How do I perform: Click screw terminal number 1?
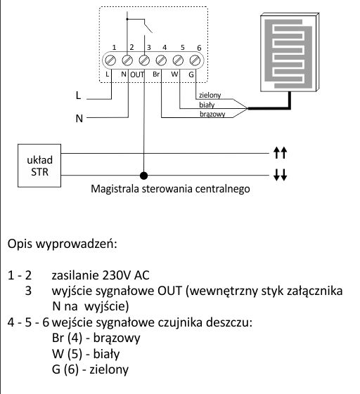(x=110, y=60)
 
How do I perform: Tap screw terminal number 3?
(x=144, y=60)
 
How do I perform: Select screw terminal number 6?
(x=195, y=60)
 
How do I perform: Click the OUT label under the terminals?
(x=137, y=74)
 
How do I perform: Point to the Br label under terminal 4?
(x=156, y=74)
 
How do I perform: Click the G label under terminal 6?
(x=191, y=74)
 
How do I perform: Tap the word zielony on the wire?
(x=210, y=96)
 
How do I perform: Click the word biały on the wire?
(x=207, y=105)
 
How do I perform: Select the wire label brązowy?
(x=212, y=114)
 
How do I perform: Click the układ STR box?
(x=39, y=166)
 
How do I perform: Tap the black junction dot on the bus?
(x=143, y=176)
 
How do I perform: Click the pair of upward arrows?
(x=280, y=153)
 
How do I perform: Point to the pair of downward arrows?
(x=280, y=175)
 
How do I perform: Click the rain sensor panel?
(x=290, y=52)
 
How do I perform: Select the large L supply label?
(x=78, y=96)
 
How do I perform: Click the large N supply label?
(x=79, y=119)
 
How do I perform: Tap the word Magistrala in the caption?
(x=115, y=189)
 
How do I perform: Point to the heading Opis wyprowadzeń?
(x=63, y=244)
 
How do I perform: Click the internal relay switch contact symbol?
(x=148, y=26)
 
